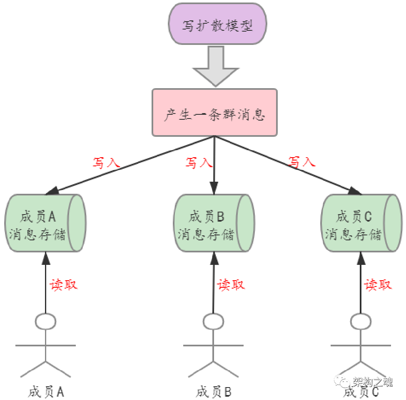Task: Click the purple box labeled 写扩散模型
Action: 217,25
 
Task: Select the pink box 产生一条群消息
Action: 214,112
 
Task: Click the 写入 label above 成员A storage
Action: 106,162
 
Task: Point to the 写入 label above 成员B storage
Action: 199,162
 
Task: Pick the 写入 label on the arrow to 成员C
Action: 302,161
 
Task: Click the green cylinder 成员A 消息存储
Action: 45,223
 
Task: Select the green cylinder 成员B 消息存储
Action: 213,223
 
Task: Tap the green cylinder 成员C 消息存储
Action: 361,223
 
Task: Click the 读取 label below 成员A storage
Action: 64,285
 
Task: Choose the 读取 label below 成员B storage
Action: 232,285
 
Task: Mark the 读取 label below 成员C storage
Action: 378,285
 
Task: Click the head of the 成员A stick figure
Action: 45,321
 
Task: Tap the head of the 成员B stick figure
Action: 214,321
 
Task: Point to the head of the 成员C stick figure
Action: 361,321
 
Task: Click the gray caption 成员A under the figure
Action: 45,391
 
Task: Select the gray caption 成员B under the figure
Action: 213,391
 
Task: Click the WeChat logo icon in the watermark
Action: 342,381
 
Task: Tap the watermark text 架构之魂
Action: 372,381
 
